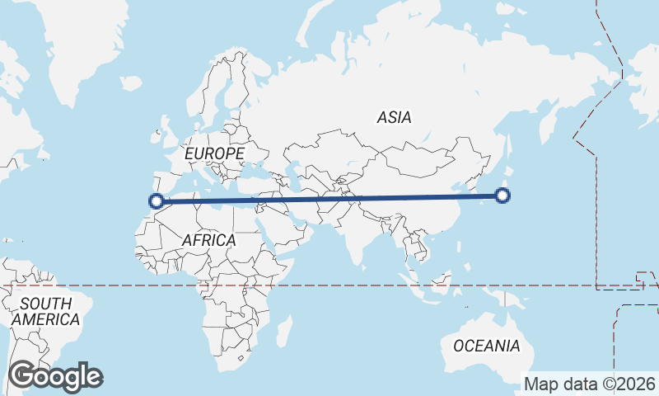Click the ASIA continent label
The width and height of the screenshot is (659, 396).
click(x=394, y=118)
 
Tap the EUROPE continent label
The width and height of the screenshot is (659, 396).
click(x=214, y=154)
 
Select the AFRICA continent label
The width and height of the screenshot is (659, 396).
click(x=208, y=240)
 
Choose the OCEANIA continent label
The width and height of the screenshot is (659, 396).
click(x=487, y=346)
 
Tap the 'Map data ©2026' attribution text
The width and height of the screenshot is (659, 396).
click(x=590, y=384)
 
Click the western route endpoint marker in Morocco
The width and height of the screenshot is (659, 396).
click(x=156, y=200)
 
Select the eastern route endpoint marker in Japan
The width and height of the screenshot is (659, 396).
click(x=502, y=196)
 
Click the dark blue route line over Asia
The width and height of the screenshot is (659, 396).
click(x=371, y=198)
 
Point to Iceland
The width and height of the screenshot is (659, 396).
click(x=131, y=82)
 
